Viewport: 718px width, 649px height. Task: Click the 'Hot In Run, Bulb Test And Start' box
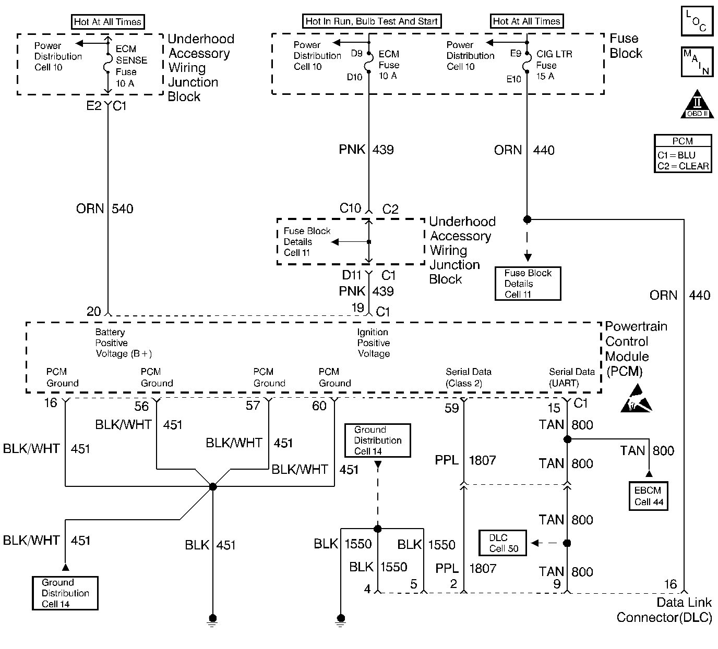click(x=372, y=21)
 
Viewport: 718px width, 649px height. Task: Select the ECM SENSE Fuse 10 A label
click(x=130, y=66)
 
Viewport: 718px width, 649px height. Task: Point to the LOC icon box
click(x=697, y=21)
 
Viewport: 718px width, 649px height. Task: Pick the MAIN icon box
click(x=697, y=62)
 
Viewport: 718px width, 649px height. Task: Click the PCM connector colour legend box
click(x=683, y=154)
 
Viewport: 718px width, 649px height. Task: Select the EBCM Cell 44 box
click(x=648, y=496)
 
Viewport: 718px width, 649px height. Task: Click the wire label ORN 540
click(x=104, y=209)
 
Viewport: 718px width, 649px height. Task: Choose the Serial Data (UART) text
click(x=571, y=377)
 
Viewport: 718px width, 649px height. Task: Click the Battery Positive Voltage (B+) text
click(x=123, y=343)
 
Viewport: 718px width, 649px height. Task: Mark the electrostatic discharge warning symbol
click(x=636, y=399)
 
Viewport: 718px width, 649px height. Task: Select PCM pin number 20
click(x=94, y=311)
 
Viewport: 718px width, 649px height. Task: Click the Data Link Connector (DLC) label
click(x=664, y=610)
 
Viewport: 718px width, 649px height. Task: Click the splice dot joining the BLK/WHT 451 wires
click(x=212, y=486)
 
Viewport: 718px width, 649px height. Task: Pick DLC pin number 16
click(x=670, y=584)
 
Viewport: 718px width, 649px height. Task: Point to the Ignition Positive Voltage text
click(x=373, y=343)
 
